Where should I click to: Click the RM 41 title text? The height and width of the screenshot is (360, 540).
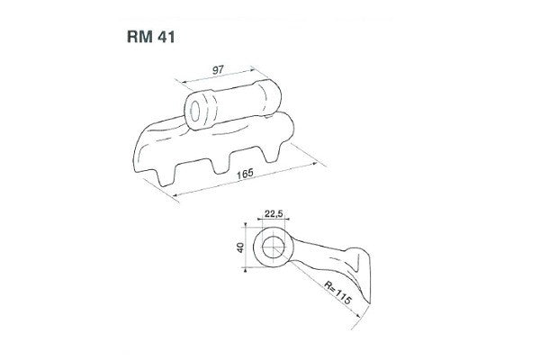point(151,37)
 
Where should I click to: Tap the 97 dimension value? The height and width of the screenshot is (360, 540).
point(218,69)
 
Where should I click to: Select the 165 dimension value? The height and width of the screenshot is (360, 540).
point(245,174)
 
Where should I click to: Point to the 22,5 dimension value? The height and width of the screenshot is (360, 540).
point(274,213)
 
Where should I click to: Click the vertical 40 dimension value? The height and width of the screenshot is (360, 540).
point(240,247)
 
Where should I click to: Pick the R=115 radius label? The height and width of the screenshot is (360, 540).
point(337,292)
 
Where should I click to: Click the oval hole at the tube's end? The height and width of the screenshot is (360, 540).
point(195,111)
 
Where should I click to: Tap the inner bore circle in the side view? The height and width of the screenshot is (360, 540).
point(274,247)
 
